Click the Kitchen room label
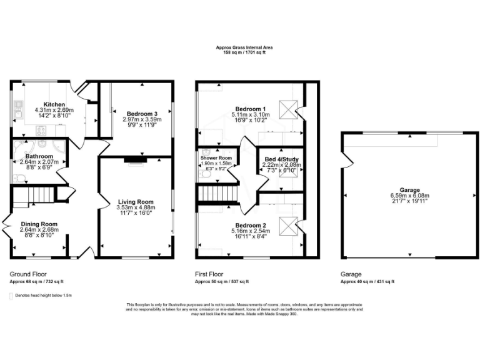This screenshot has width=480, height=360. pos(55,104)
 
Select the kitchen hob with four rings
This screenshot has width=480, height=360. pos(41,131)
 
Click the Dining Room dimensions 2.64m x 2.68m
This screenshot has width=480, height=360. pos(39,229)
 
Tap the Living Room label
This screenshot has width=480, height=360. pos(136,202)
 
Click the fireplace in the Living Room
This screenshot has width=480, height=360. pos(134,160)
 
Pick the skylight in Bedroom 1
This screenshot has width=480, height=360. pos(286,110)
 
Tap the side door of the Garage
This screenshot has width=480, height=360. pos(344,160)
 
